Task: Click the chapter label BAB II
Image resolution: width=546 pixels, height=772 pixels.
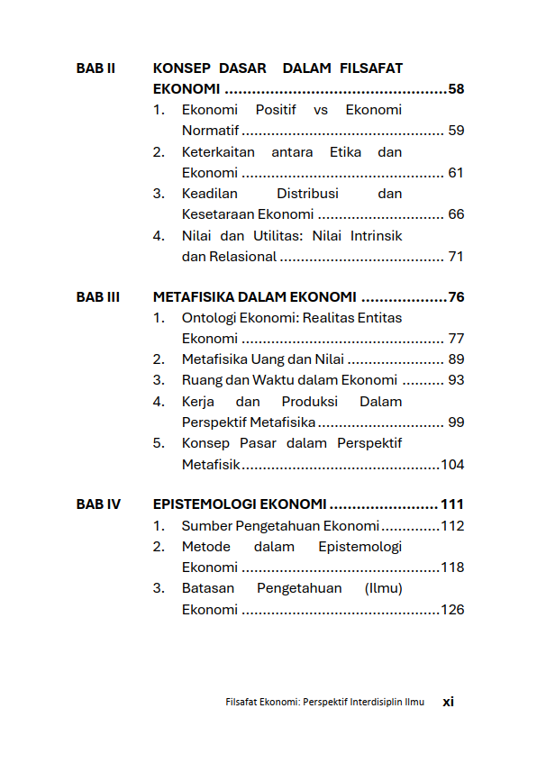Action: [x=96, y=68]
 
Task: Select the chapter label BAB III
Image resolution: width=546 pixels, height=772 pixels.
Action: [x=98, y=297]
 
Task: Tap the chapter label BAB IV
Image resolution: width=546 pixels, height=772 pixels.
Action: [x=98, y=504]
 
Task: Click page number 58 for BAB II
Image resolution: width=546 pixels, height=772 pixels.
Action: [x=456, y=89]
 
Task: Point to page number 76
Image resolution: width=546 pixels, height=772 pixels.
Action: [x=456, y=297]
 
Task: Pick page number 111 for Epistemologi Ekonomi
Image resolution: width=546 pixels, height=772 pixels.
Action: [x=451, y=504]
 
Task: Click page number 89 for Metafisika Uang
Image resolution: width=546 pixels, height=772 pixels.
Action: [x=456, y=359]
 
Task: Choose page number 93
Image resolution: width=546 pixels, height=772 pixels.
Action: [x=456, y=380]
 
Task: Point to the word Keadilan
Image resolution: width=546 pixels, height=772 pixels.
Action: [x=209, y=194]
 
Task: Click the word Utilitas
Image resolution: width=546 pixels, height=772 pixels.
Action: [x=278, y=235]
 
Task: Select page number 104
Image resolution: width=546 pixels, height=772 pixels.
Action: [x=452, y=465]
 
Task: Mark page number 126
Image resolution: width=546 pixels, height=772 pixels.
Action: [x=452, y=610]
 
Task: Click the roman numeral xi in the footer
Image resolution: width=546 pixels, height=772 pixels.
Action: [x=448, y=702]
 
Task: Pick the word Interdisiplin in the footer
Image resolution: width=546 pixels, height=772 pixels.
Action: [x=368, y=702]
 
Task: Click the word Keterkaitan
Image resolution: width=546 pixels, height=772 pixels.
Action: [x=218, y=152]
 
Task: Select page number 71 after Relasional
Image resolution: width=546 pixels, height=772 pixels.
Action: [x=456, y=257]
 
